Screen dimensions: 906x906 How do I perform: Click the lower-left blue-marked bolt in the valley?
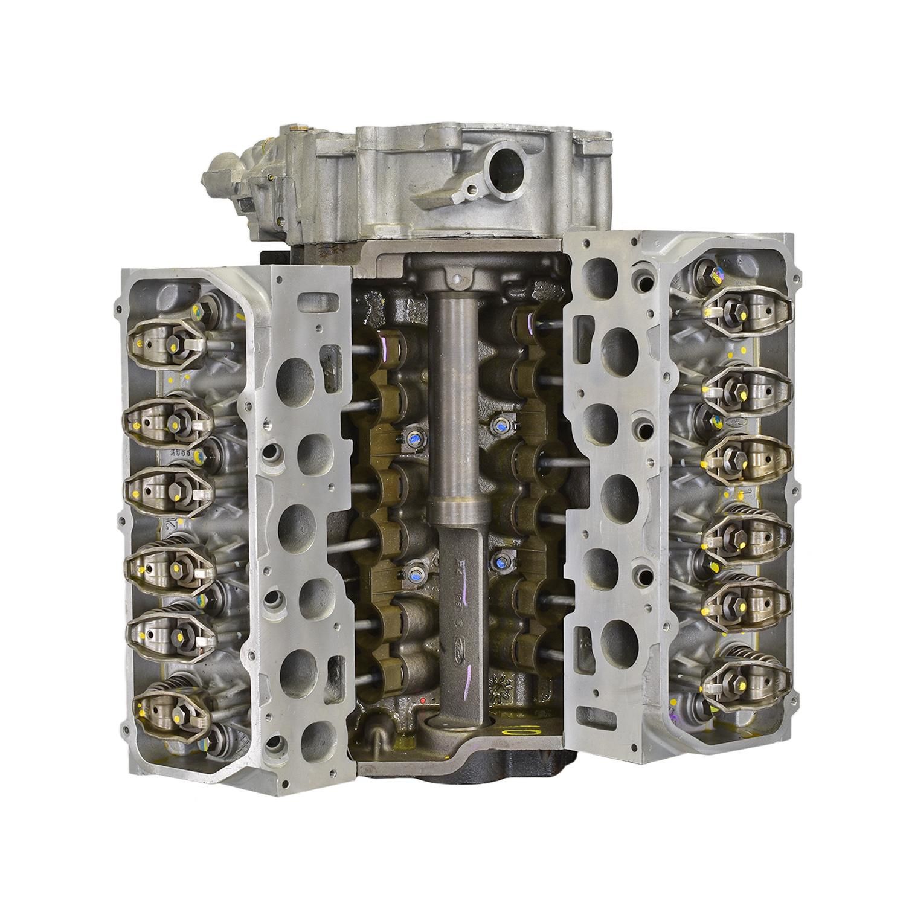(x=414, y=568)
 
